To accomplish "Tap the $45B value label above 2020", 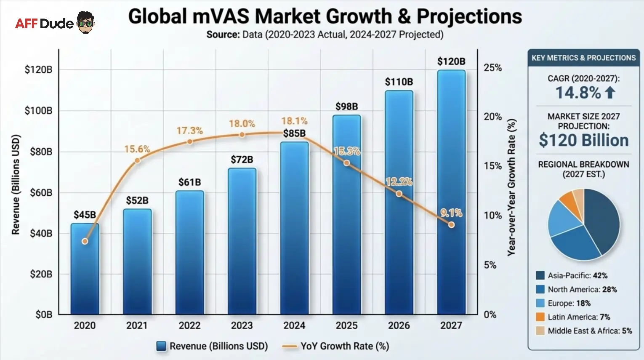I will point(85,215).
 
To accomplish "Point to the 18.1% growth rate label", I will point(294,121).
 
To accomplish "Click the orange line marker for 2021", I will point(137,160).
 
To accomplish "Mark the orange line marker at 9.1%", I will point(451,225).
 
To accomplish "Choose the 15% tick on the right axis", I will point(492,166).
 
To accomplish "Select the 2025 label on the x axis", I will point(346,325).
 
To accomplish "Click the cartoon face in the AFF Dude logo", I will point(86,22).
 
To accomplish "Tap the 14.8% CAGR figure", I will point(578,93).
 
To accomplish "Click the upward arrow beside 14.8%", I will point(610,92).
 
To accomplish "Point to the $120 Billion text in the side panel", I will point(583,140).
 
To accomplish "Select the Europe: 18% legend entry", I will point(569,303).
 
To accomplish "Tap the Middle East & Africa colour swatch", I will point(540,331).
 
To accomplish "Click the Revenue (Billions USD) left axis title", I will point(16,184).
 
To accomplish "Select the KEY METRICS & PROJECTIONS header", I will point(583,58).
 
